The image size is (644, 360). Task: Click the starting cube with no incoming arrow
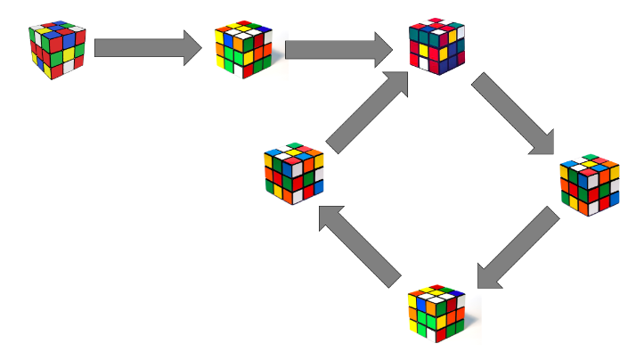(56, 49)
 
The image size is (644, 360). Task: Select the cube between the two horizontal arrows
(243, 49)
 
